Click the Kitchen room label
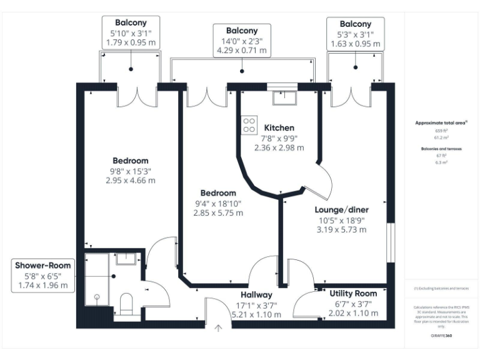[279, 127]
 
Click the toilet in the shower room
[126, 303]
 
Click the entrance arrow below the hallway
[218, 328]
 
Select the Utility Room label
[352, 293]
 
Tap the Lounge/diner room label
[341, 209]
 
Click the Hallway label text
[256, 294]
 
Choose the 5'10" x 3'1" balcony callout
[131, 33]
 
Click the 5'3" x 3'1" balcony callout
[356, 33]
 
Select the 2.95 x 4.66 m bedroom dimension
[131, 180]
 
